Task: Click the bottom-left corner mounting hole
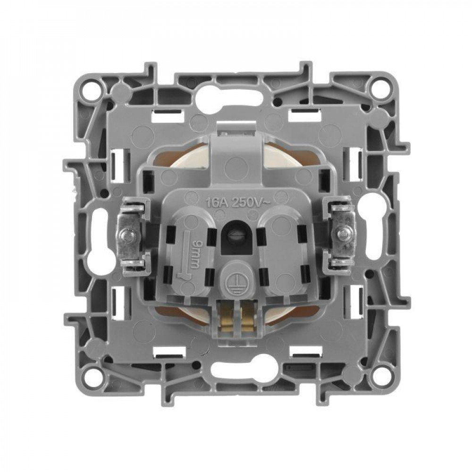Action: pos(92,371)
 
